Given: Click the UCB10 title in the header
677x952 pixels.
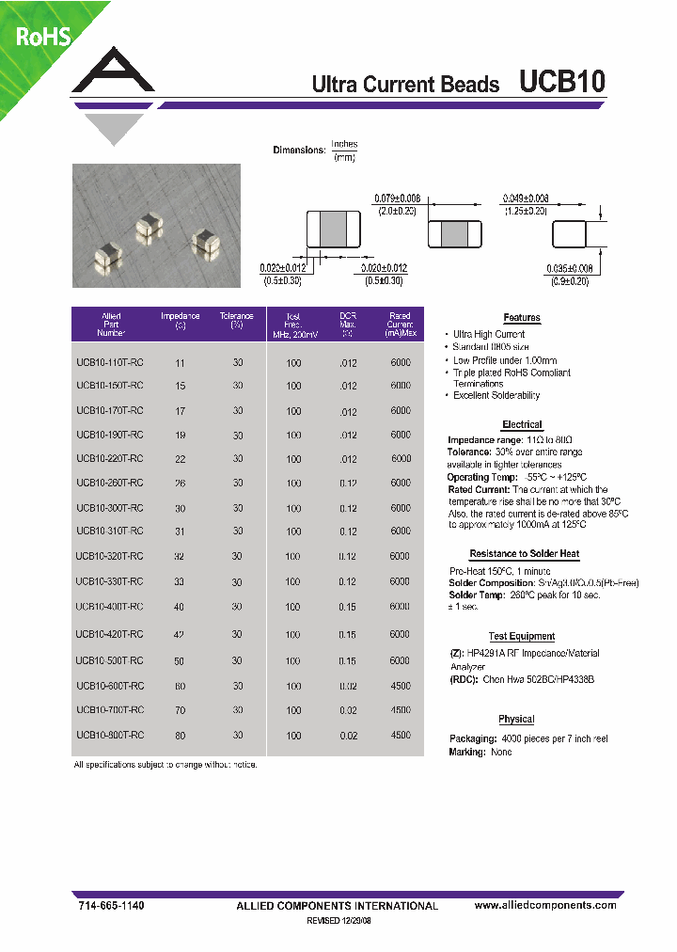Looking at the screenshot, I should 561,83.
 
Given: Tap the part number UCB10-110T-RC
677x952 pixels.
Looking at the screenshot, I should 110,361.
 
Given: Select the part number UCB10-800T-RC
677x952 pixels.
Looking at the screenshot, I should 110,735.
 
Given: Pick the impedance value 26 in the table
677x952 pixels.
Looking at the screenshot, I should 180,484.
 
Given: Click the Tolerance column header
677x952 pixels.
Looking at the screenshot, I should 237,321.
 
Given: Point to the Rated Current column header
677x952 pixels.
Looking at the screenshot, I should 400,325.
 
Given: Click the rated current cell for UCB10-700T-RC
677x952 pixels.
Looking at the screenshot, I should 400,710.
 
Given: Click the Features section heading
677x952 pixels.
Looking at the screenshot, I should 521,318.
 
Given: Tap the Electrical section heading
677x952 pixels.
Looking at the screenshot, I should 522,425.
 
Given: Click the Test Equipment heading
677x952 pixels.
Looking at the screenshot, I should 522,637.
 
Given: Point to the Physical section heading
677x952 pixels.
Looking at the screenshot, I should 516,720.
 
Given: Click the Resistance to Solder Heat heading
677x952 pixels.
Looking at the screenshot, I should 524,555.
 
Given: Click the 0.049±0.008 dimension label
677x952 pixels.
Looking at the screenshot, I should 526,198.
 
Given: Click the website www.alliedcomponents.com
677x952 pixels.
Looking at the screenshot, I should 545,905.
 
